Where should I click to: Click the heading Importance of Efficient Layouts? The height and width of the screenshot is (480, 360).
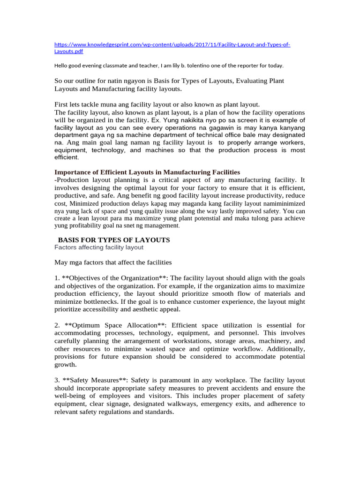(147, 172)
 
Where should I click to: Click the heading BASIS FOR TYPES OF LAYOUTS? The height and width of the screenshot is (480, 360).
(114, 240)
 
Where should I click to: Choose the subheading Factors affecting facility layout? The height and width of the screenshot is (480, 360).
(99, 247)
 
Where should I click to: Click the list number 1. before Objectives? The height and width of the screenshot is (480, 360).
(57, 278)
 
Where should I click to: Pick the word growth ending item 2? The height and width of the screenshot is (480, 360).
(65, 364)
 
